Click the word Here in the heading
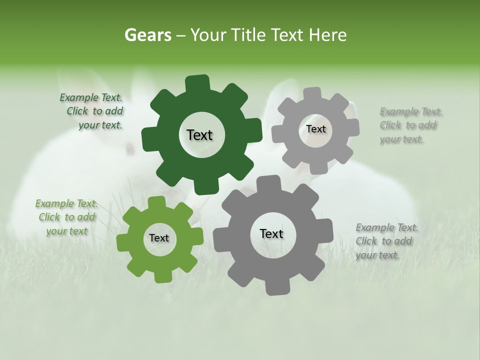click(327, 35)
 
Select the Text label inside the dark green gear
click(199, 135)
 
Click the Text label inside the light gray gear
click(315, 129)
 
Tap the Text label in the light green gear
click(159, 238)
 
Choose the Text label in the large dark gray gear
click(271, 234)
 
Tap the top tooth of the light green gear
click(156, 202)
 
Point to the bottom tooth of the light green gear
click(161, 276)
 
